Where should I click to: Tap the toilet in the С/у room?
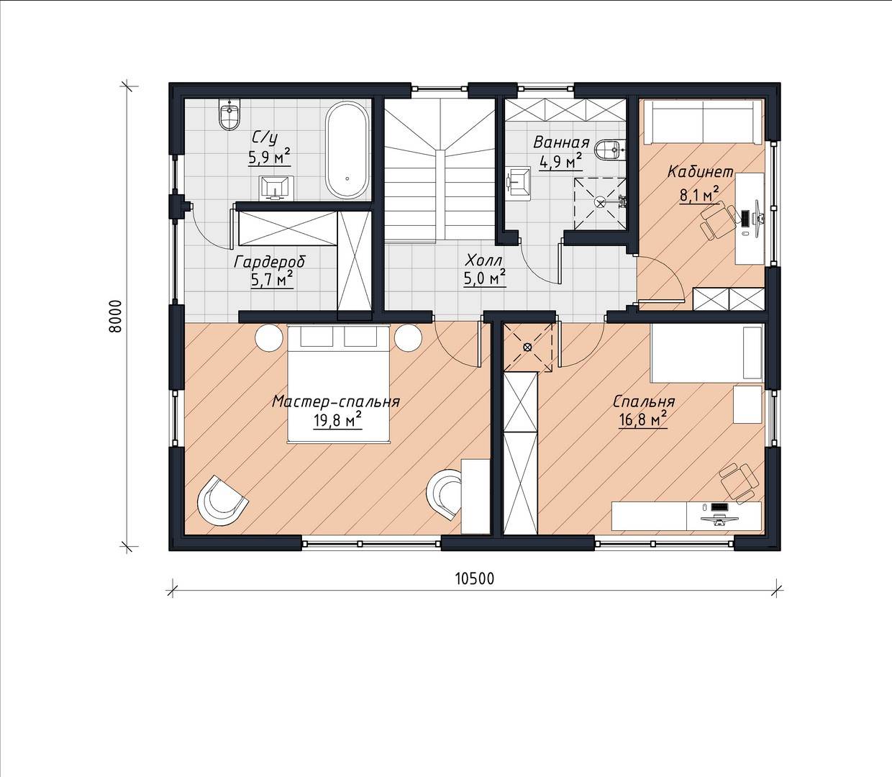(x=229, y=114)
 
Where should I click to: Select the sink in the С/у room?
(x=276, y=188)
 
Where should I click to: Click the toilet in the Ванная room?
(x=612, y=150)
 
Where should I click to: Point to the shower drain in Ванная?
(x=601, y=202)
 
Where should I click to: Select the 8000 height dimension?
(x=114, y=316)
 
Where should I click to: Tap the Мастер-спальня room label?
(x=336, y=401)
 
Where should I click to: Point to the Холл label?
(x=484, y=260)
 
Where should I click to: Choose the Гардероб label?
(x=270, y=262)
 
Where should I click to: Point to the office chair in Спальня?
(x=737, y=482)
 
